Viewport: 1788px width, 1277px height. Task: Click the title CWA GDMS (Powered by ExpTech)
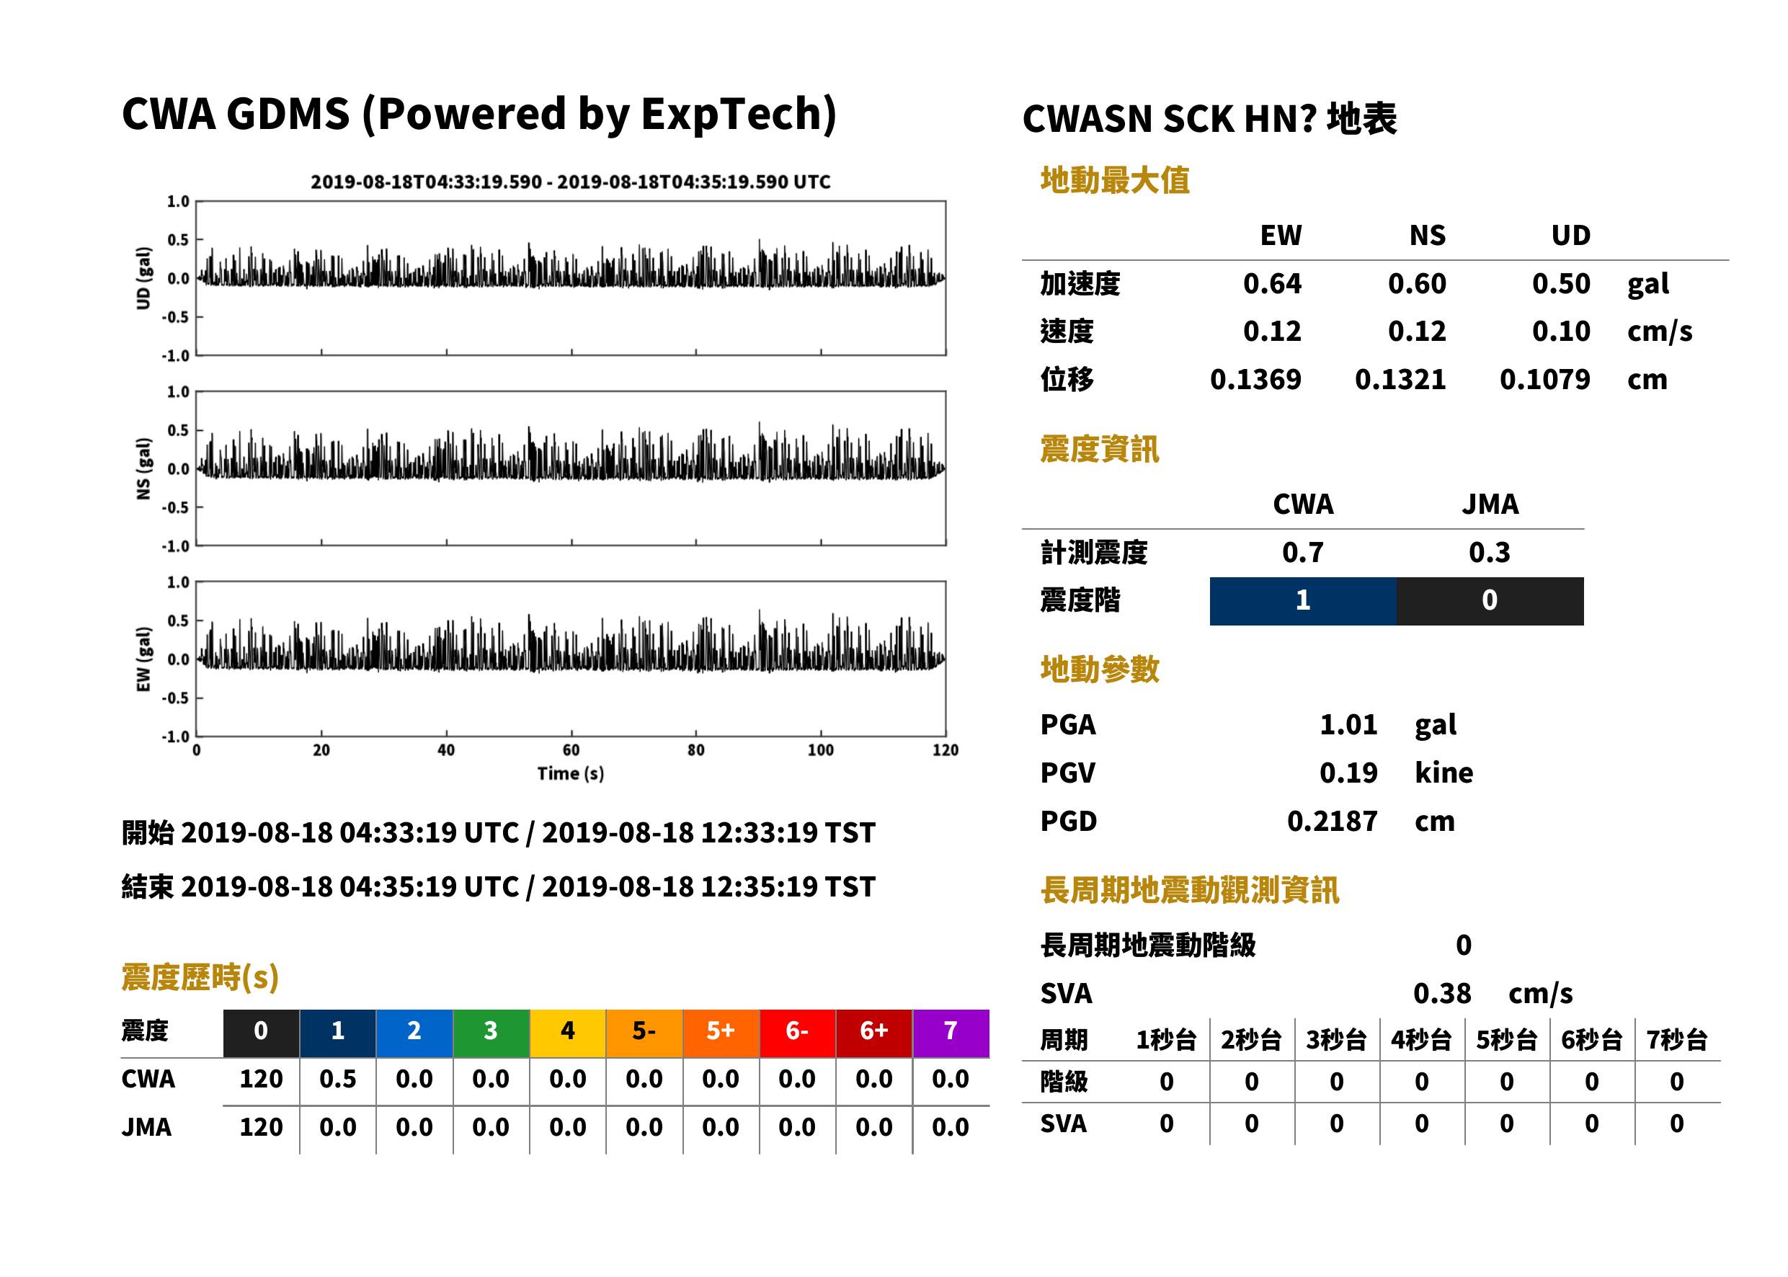[x=479, y=115]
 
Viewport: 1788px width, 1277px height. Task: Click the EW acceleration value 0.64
[x=1271, y=284]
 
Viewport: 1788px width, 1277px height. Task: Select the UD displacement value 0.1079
[x=1544, y=380]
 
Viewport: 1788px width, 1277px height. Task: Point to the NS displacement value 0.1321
[x=1400, y=380]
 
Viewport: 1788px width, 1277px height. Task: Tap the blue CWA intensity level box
[x=1303, y=601]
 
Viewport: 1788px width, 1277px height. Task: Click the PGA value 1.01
[x=1348, y=724]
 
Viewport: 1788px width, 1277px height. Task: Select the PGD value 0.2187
[x=1332, y=821]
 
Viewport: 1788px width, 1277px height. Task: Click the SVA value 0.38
[x=1442, y=993]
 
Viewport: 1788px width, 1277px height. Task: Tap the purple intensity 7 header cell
[x=951, y=1033]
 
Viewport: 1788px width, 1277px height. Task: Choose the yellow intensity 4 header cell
[x=568, y=1033]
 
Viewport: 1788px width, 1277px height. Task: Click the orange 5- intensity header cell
[x=644, y=1033]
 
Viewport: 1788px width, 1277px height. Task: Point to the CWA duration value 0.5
[x=337, y=1079]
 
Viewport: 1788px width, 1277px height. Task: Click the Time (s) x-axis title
[x=571, y=774]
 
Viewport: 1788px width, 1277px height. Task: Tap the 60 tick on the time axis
[x=571, y=750]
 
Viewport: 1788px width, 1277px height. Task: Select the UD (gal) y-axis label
[x=143, y=278]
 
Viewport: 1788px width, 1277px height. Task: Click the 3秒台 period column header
[x=1336, y=1039]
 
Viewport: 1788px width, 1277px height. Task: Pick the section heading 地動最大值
[x=1115, y=180]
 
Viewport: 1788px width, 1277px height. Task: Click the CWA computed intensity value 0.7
[x=1303, y=552]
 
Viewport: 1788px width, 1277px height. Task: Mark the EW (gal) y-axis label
[x=143, y=659]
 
